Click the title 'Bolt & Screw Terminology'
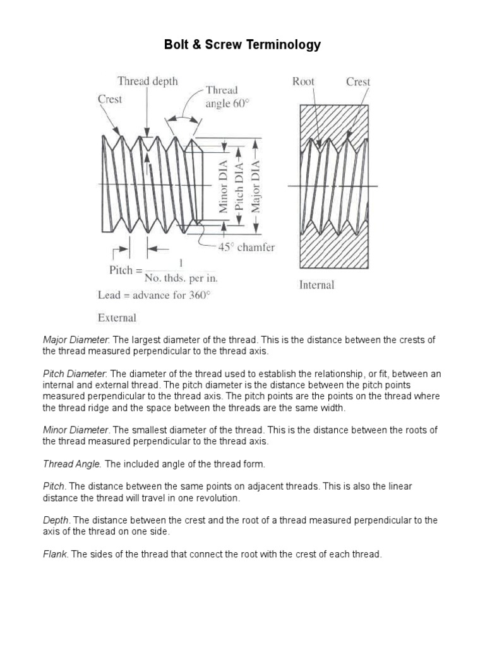click(x=242, y=45)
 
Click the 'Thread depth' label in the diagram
click(x=147, y=81)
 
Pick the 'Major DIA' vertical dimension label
click(x=255, y=184)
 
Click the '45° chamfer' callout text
click(x=246, y=248)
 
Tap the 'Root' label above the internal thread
click(x=304, y=82)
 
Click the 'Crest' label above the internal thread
click(x=358, y=82)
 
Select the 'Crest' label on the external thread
click(x=110, y=99)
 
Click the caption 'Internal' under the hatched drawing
click(x=316, y=285)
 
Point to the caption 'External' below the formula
click(x=117, y=317)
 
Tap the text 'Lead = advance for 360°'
click(x=153, y=295)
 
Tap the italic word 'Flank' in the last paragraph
click(x=56, y=554)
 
